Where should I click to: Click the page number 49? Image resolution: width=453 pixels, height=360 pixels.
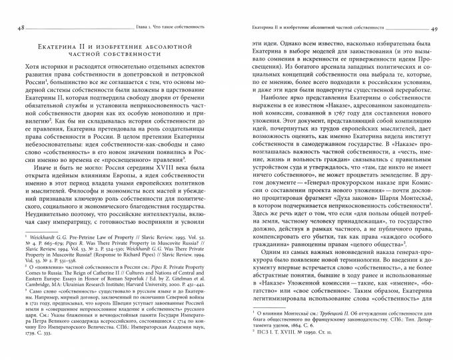pyautogui.click(x=434, y=29)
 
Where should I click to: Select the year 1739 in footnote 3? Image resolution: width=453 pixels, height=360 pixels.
pyautogui.click(x=22, y=333)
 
